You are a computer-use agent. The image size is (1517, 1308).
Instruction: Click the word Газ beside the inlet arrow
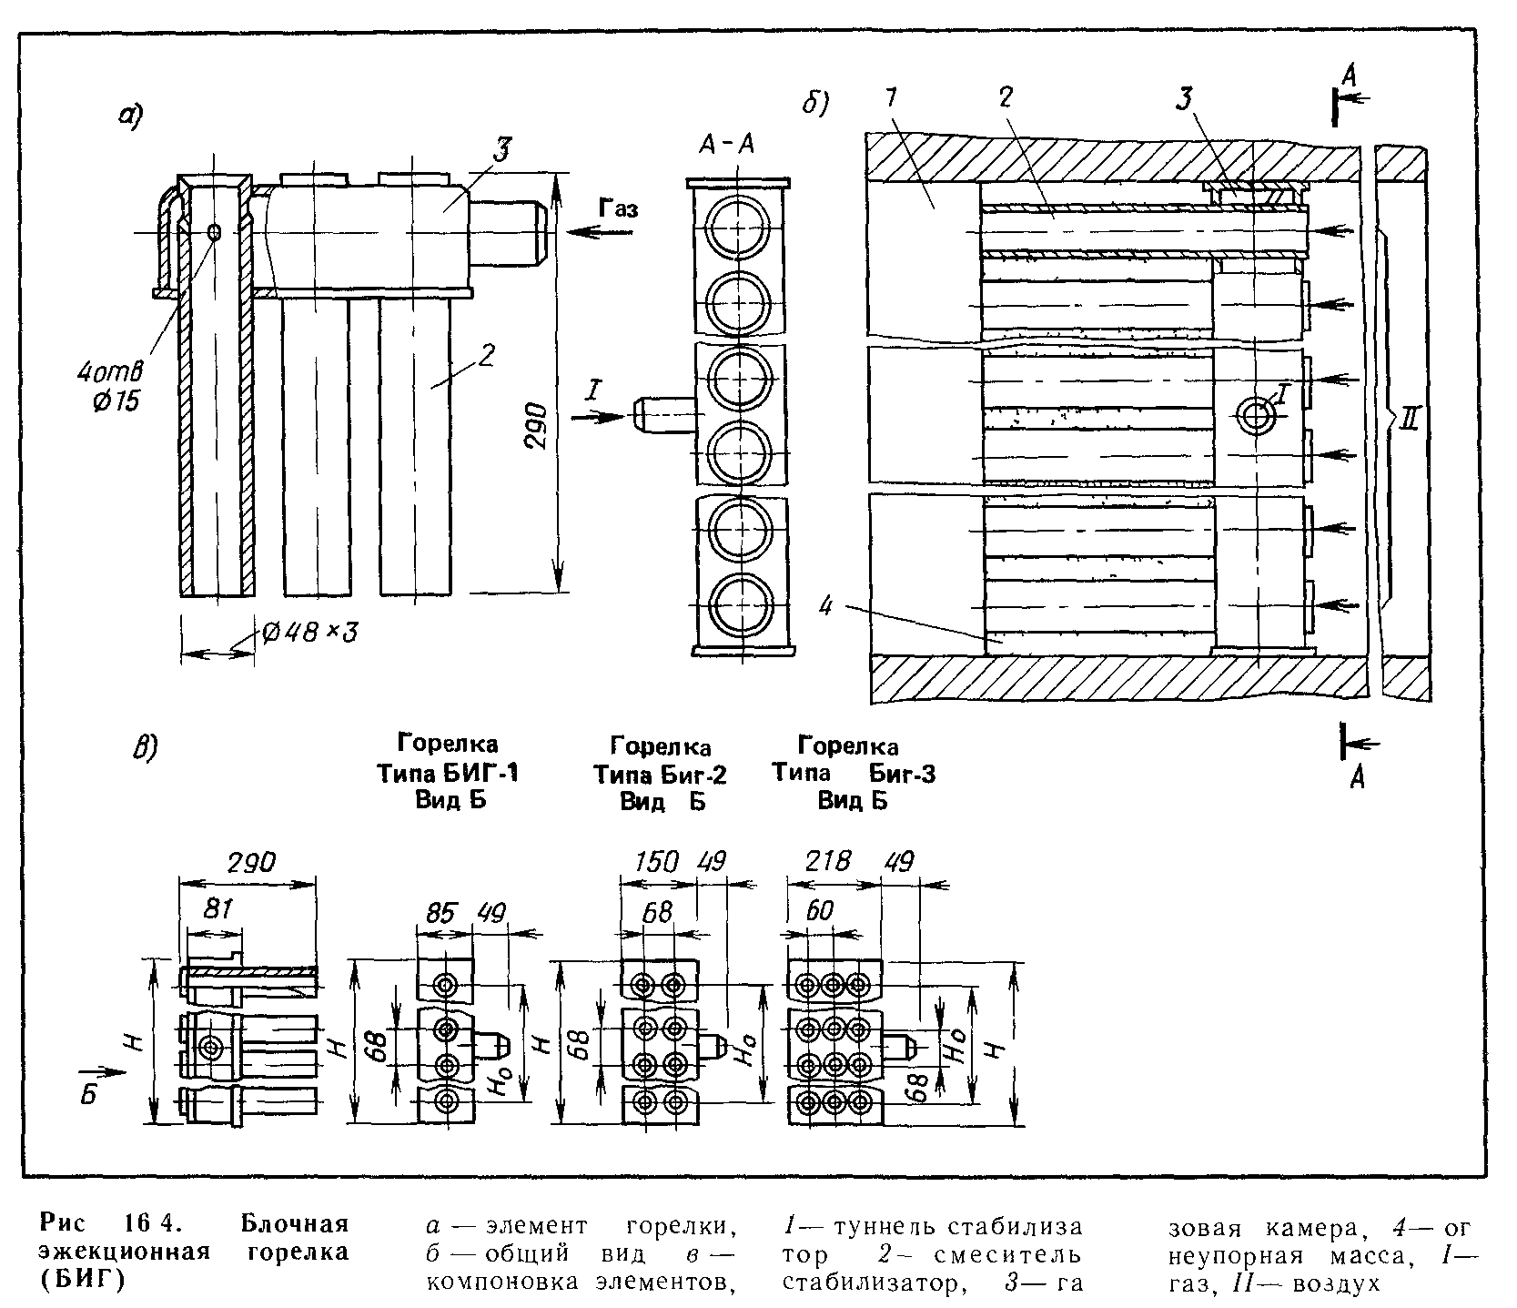[618, 208]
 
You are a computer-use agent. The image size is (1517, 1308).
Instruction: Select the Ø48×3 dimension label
[308, 633]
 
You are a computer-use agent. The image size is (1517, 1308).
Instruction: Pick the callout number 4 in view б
[825, 605]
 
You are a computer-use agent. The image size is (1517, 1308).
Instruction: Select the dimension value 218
[829, 861]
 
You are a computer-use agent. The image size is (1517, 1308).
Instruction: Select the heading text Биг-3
[902, 774]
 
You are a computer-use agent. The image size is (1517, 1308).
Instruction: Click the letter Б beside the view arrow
[87, 1095]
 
